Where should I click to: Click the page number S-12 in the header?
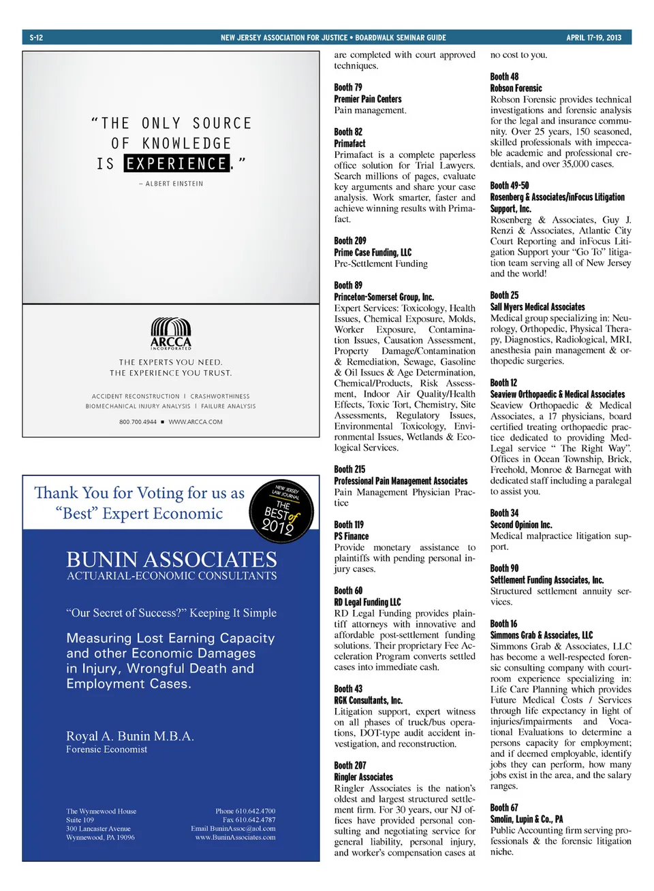pyautogui.click(x=36, y=37)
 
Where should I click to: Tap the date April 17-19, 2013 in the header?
pyautogui.click(x=593, y=37)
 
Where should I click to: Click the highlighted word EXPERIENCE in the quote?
pyautogui.click(x=176, y=163)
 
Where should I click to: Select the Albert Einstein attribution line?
pyautogui.click(x=171, y=184)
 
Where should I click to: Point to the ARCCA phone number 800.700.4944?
pyautogui.click(x=138, y=422)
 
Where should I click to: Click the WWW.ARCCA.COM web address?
pyautogui.click(x=196, y=422)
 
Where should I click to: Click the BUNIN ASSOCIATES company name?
pyautogui.click(x=172, y=560)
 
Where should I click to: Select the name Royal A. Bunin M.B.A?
pyautogui.click(x=130, y=736)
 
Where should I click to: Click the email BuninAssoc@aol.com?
pyautogui.click(x=234, y=828)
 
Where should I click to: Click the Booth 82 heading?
pyautogui.click(x=348, y=132)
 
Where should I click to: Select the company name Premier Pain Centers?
pyautogui.click(x=368, y=99)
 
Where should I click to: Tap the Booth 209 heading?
pyautogui.click(x=350, y=241)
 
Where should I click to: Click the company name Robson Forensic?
pyautogui.click(x=516, y=88)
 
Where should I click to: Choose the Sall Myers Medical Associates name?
pyautogui.click(x=538, y=307)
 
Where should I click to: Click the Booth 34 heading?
pyautogui.click(x=504, y=513)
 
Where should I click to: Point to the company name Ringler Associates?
pyautogui.click(x=364, y=777)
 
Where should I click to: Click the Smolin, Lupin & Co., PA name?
pyautogui.click(x=527, y=819)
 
